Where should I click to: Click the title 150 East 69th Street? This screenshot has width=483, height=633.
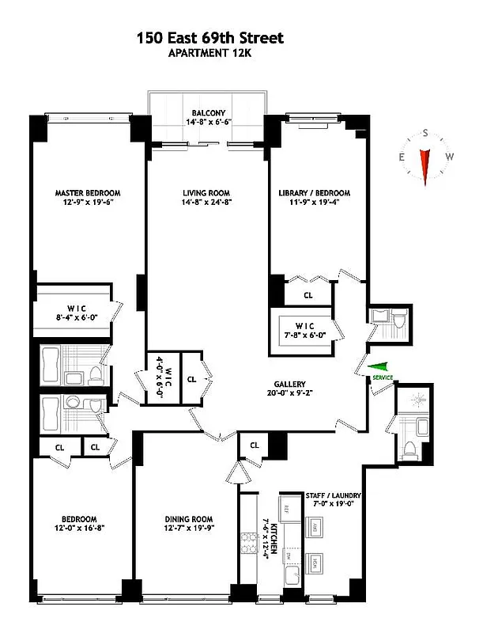point(209,37)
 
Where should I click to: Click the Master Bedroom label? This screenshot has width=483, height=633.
point(88,192)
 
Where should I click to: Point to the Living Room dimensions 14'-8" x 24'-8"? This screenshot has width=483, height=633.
point(207,203)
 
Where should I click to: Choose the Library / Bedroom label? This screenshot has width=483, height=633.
point(314,192)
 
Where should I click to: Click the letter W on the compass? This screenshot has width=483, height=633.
point(449,157)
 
